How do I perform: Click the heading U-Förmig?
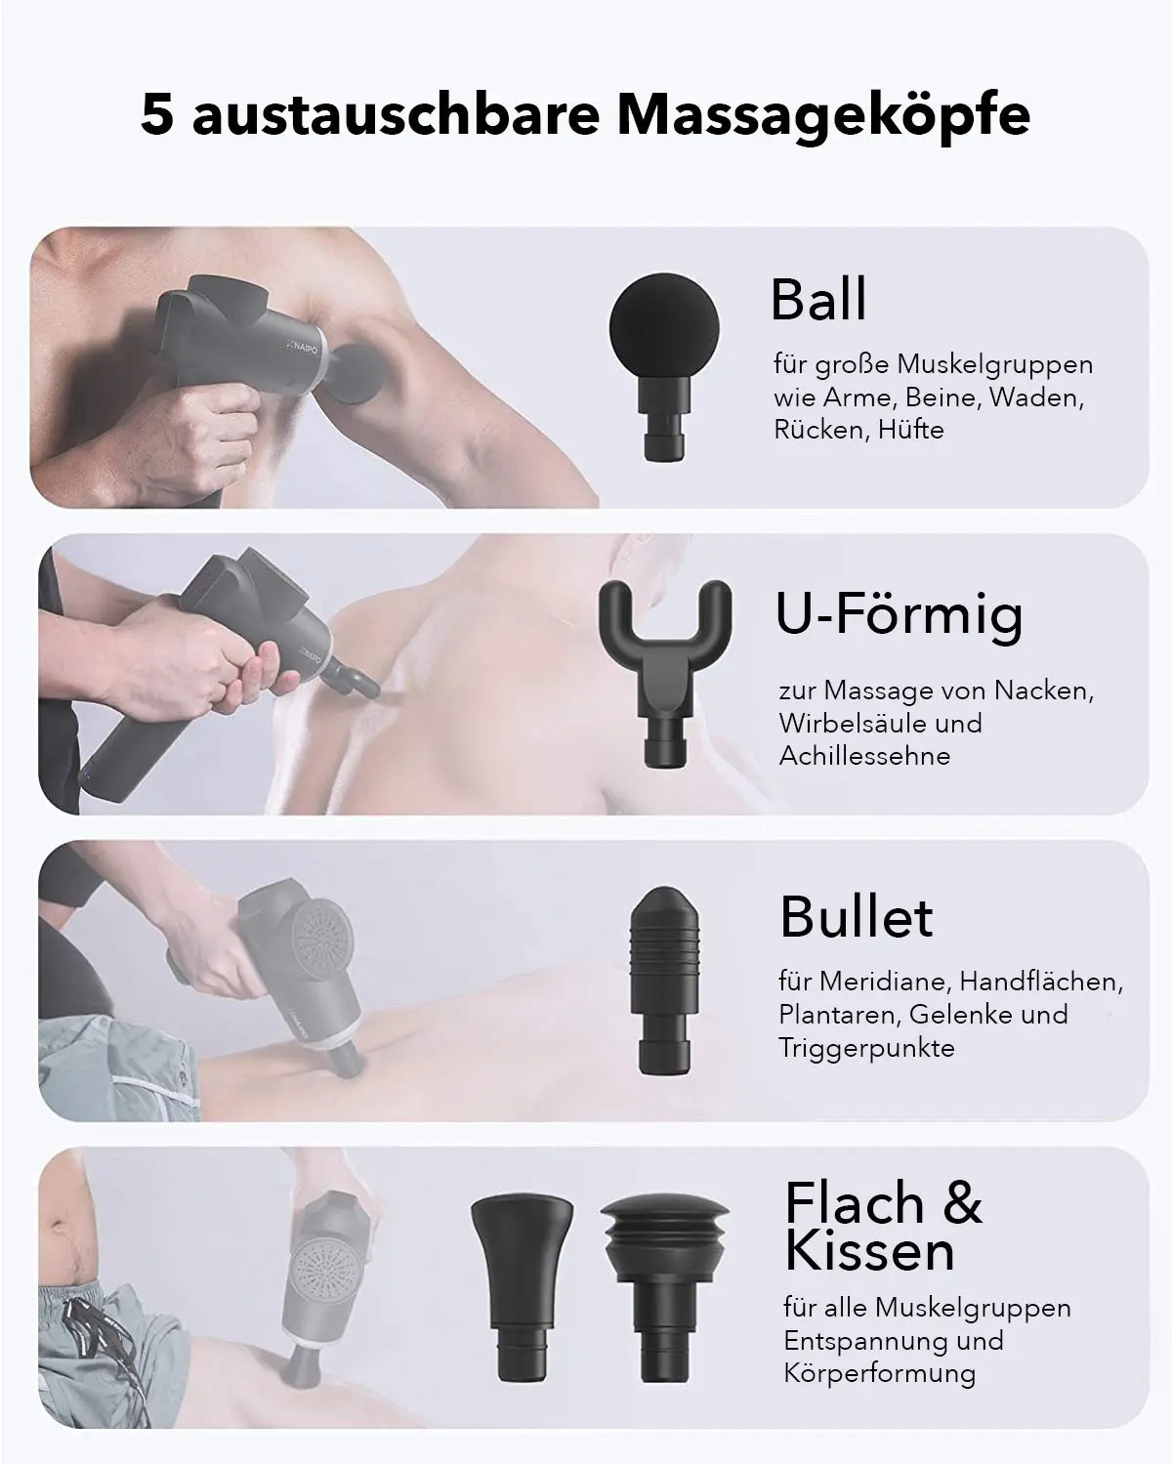[x=899, y=615]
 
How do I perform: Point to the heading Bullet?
[x=856, y=916]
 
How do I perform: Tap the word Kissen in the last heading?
[x=869, y=1251]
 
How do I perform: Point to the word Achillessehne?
[x=864, y=755]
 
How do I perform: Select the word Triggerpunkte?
[x=866, y=1048]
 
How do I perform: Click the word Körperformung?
[x=879, y=1373]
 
